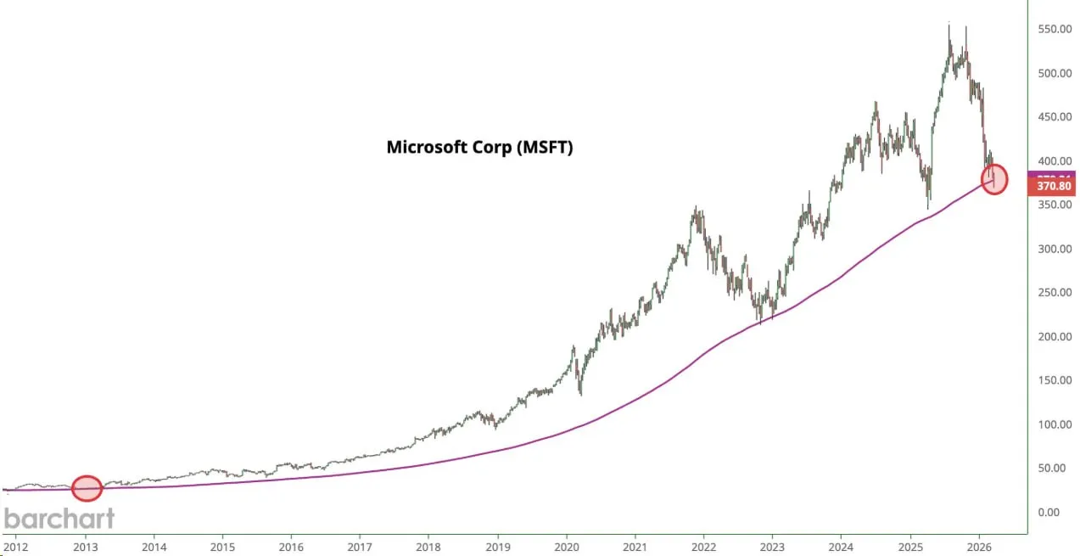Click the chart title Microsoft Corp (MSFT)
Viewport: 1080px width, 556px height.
tap(480, 147)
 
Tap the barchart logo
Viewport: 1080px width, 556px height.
tap(59, 519)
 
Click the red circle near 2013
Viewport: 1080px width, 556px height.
tap(87, 488)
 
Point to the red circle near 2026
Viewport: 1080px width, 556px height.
tap(994, 179)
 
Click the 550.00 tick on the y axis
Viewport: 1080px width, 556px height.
tap(1053, 30)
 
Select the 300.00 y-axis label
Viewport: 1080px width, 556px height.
tap(1053, 249)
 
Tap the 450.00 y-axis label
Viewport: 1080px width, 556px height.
tap(1053, 117)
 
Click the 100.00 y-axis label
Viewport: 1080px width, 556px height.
tap(1053, 424)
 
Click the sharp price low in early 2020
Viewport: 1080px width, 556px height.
tap(580, 393)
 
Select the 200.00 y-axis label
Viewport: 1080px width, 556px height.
tap(1053, 337)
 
